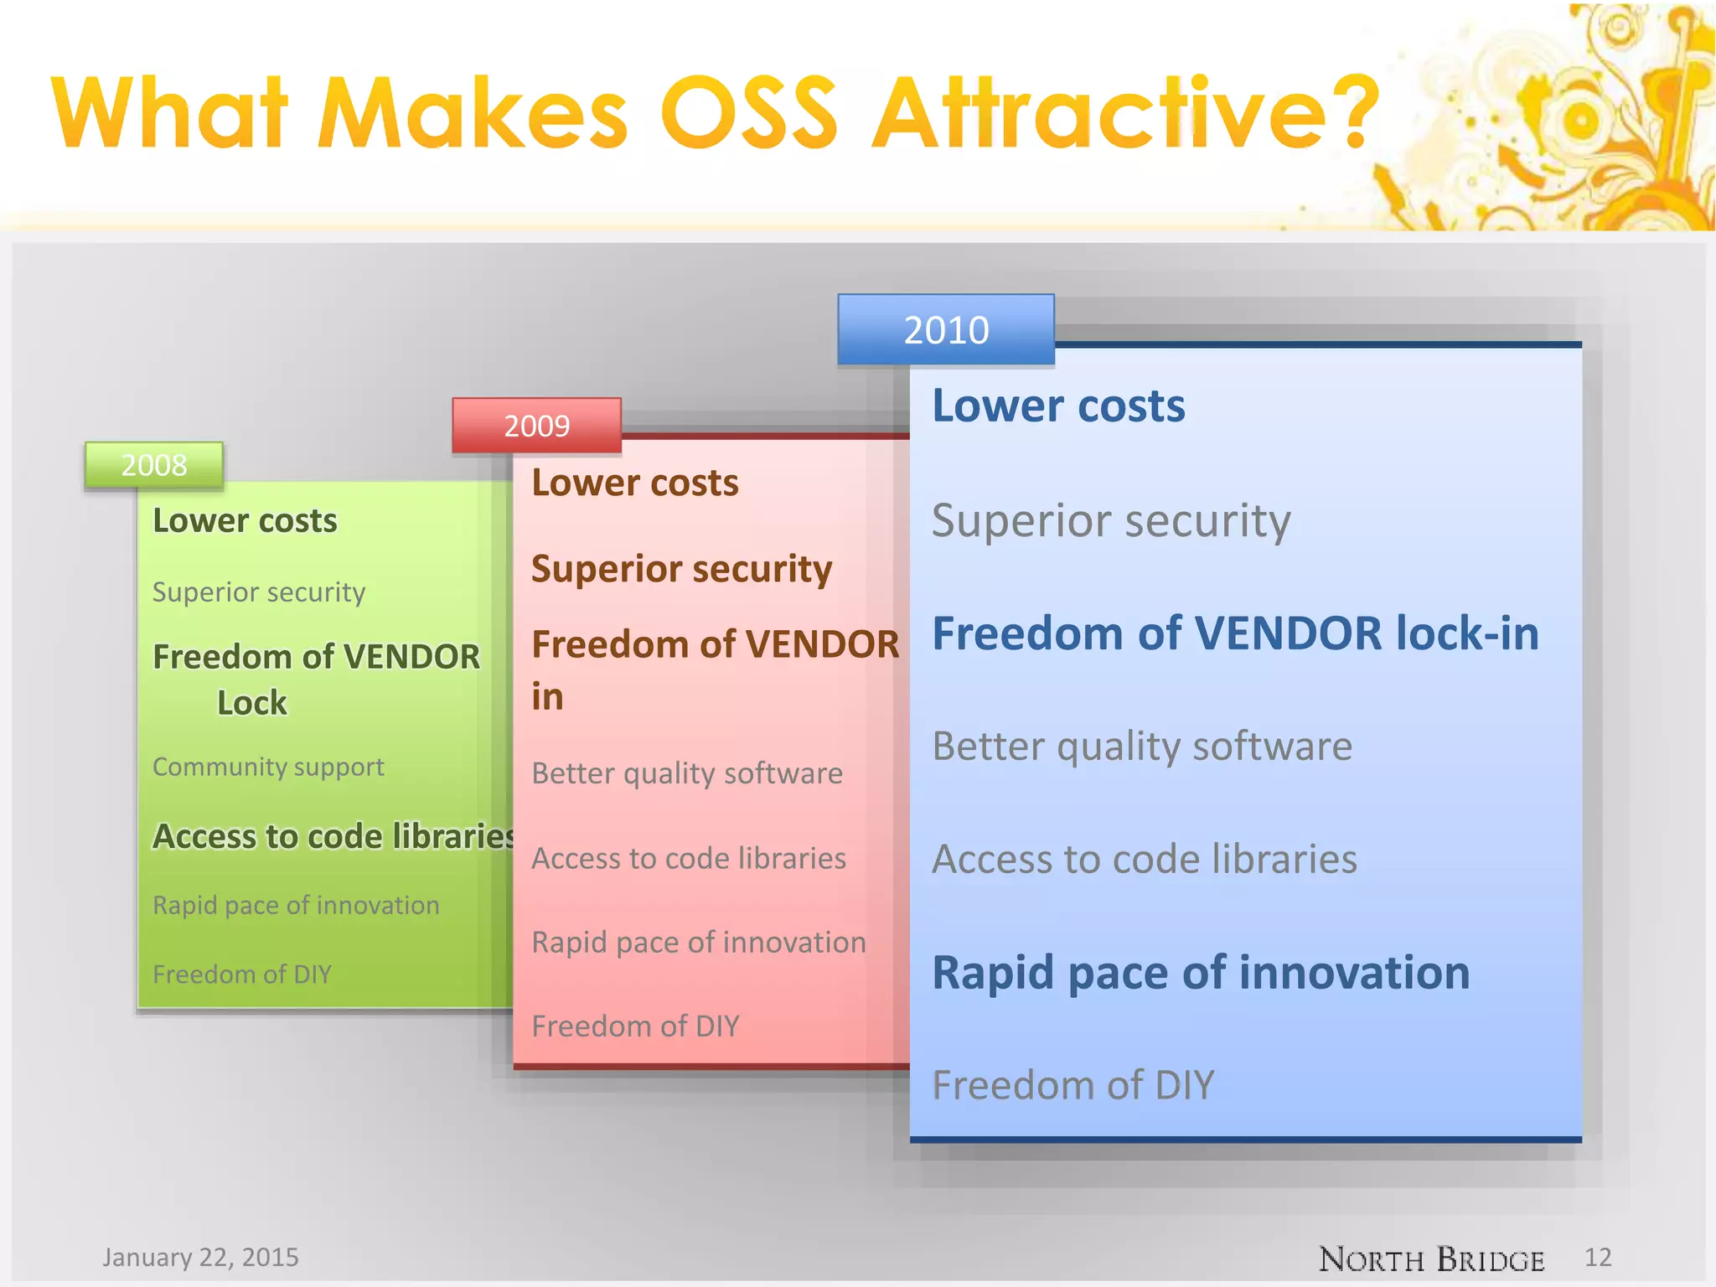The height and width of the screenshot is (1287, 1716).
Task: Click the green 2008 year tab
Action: (x=154, y=465)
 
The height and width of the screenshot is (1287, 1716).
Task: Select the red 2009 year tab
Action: (x=536, y=426)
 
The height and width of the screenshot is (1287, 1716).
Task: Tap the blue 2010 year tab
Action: (x=946, y=329)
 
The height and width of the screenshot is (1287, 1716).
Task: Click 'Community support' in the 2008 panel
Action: (x=268, y=767)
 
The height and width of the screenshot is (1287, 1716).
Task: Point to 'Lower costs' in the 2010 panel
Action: (x=1058, y=406)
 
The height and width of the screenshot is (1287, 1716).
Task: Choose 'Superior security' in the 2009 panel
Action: (x=681, y=569)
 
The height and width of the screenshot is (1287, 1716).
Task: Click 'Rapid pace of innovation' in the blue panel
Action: (x=1201, y=973)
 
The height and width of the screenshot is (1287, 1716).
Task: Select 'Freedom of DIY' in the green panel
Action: (x=242, y=974)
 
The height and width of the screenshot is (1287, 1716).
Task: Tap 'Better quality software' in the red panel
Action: (x=687, y=773)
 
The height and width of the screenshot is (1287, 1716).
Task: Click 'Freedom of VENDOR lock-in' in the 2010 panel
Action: (x=1235, y=633)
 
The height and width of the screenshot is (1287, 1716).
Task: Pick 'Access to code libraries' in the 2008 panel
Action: (x=332, y=836)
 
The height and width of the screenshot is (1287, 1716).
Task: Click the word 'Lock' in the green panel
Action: (x=251, y=703)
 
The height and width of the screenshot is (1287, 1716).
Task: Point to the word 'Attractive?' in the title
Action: (x=1125, y=113)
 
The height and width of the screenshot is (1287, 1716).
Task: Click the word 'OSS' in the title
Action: (x=749, y=113)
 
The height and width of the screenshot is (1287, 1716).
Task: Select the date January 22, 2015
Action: (x=200, y=1257)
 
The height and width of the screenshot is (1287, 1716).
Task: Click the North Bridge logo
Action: (x=1431, y=1259)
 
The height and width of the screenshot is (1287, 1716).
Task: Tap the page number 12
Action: (x=1598, y=1257)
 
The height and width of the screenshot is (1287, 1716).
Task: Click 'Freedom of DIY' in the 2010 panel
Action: (x=1072, y=1085)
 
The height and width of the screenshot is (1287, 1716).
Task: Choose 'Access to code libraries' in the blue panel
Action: (x=1145, y=860)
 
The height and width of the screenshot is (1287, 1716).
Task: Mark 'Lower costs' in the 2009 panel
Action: (x=635, y=483)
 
